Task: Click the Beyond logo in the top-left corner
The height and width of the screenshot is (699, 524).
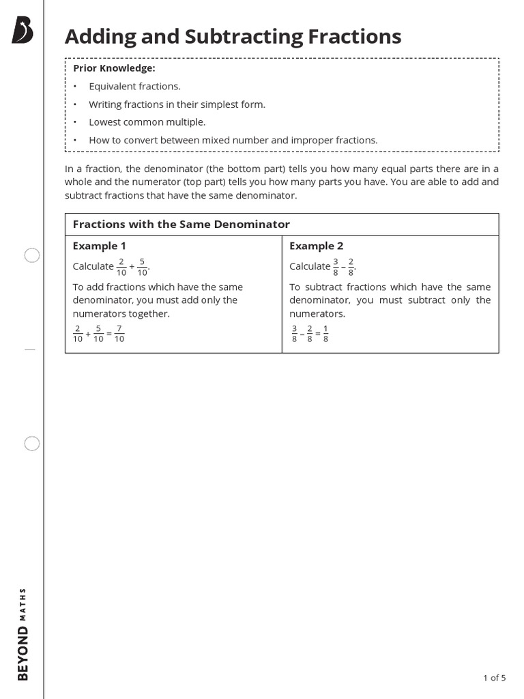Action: [22, 31]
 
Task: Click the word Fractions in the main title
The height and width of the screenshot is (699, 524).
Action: [345, 36]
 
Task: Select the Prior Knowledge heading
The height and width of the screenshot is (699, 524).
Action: [114, 68]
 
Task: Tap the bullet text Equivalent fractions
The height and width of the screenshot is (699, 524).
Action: [134, 86]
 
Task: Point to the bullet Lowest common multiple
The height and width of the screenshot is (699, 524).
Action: [147, 122]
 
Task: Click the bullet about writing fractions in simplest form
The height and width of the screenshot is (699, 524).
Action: [177, 104]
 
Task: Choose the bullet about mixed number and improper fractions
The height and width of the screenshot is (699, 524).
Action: [233, 140]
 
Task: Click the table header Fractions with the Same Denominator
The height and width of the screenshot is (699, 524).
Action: [181, 224]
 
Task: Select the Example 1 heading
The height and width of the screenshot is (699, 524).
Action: [100, 246]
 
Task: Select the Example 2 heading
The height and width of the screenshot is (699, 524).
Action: [316, 246]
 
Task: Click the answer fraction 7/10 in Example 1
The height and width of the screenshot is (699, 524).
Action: [119, 334]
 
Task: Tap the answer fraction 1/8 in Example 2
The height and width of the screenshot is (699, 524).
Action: [325, 334]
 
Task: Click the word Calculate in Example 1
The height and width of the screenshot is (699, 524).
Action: [93, 266]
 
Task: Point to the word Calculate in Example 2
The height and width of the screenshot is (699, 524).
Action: [309, 266]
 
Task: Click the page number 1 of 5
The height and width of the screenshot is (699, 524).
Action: [494, 678]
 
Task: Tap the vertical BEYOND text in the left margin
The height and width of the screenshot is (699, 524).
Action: [23, 653]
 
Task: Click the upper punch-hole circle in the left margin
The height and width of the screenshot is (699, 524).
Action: [32, 255]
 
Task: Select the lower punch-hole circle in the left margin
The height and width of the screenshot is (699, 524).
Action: [32, 444]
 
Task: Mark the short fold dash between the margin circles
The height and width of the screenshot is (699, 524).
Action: [29, 349]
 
